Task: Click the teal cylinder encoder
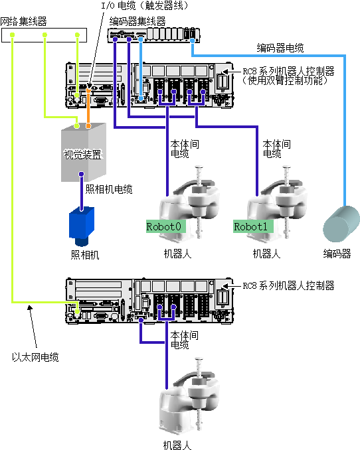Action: (341, 224)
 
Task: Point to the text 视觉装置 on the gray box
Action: (82, 155)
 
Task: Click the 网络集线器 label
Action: (23, 21)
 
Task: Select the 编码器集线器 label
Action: (137, 21)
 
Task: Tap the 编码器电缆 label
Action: (280, 48)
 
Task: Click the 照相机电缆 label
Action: (109, 189)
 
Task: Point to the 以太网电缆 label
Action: (35, 357)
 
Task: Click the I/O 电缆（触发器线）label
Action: (145, 5)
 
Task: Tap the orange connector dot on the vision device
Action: (88, 125)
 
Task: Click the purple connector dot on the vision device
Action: (82, 174)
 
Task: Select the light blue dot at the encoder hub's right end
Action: (192, 40)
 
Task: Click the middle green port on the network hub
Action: (45, 35)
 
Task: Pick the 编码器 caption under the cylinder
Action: (337, 254)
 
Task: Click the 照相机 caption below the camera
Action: (85, 255)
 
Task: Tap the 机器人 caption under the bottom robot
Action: (177, 445)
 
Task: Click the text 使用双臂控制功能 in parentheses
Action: (285, 81)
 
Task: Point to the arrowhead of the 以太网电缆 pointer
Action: (29, 307)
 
